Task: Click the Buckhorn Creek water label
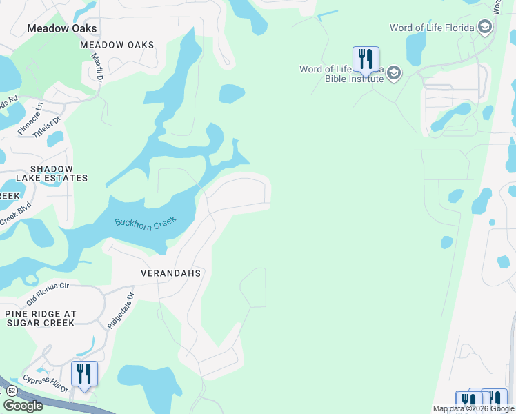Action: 146,224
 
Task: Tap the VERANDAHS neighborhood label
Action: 170,273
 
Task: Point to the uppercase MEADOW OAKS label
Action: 117,45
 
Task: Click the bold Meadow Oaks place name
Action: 61,28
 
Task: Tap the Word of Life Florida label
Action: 431,28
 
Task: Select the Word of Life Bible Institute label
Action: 341,74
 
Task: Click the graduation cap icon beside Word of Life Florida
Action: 485,28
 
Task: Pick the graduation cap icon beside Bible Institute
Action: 394,74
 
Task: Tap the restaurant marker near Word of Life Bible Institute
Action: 366,59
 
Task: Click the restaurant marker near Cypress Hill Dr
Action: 84,374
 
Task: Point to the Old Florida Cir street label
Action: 48,294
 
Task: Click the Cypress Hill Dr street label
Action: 45,384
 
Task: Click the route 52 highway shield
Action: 12,391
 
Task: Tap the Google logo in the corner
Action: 23,405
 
